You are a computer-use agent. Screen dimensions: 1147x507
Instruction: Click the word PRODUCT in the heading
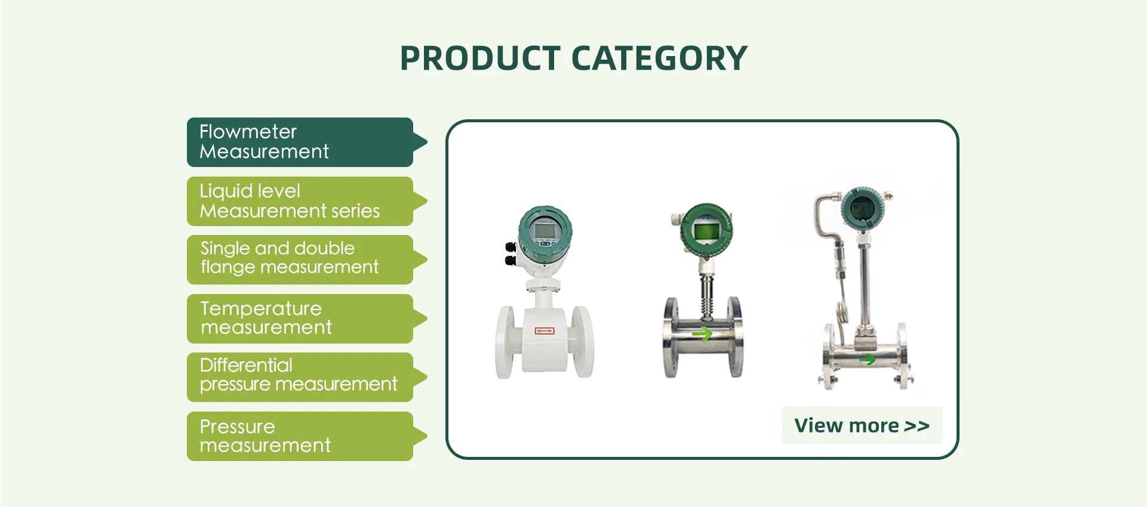[480, 58]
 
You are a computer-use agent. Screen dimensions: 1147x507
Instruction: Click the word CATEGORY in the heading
[659, 58]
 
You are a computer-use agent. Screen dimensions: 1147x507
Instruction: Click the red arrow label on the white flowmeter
[545, 330]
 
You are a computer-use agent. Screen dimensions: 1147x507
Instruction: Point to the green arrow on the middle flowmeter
[702, 333]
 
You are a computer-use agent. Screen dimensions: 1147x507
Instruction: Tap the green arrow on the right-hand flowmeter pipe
[868, 359]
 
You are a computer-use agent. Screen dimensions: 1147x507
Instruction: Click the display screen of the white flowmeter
[545, 229]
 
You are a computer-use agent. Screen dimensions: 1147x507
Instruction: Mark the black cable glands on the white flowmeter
[511, 253]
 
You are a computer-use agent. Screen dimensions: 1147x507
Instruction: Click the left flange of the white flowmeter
[506, 342]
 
